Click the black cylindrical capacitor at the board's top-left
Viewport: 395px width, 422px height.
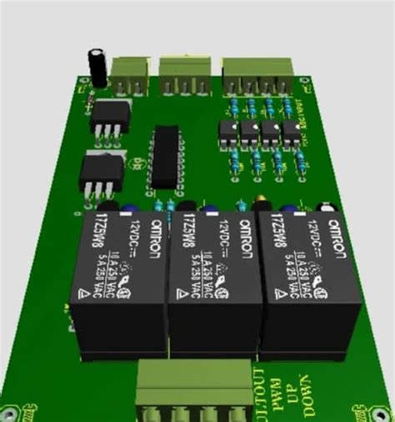(x=98, y=66)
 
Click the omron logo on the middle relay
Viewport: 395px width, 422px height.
(x=247, y=242)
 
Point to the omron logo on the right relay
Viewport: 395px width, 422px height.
(x=335, y=243)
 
